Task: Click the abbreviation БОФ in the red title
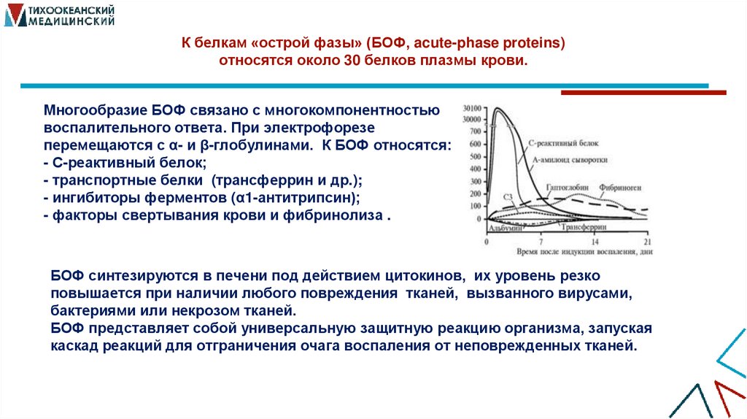(x=389, y=44)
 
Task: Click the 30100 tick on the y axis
(x=472, y=108)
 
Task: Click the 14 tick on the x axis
(x=595, y=241)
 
